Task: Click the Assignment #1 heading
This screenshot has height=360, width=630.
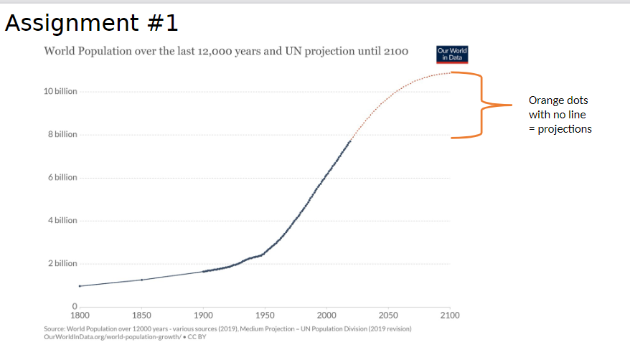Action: tap(91, 24)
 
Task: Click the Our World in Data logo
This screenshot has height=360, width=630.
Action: tap(452, 55)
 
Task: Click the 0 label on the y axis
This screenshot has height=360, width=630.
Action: tap(74, 307)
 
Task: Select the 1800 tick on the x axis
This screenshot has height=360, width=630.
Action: tap(80, 316)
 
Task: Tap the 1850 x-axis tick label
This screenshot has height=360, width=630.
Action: tap(142, 316)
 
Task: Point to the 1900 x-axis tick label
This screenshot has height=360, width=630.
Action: tap(204, 316)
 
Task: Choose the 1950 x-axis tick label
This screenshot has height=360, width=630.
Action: tap(265, 316)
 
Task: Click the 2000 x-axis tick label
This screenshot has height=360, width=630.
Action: tap(327, 316)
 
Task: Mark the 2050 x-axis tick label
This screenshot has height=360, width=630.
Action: tap(388, 316)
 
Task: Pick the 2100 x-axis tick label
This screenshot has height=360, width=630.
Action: tap(450, 316)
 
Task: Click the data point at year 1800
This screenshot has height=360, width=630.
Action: tap(80, 286)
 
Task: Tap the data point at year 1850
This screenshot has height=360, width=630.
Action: tap(142, 280)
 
